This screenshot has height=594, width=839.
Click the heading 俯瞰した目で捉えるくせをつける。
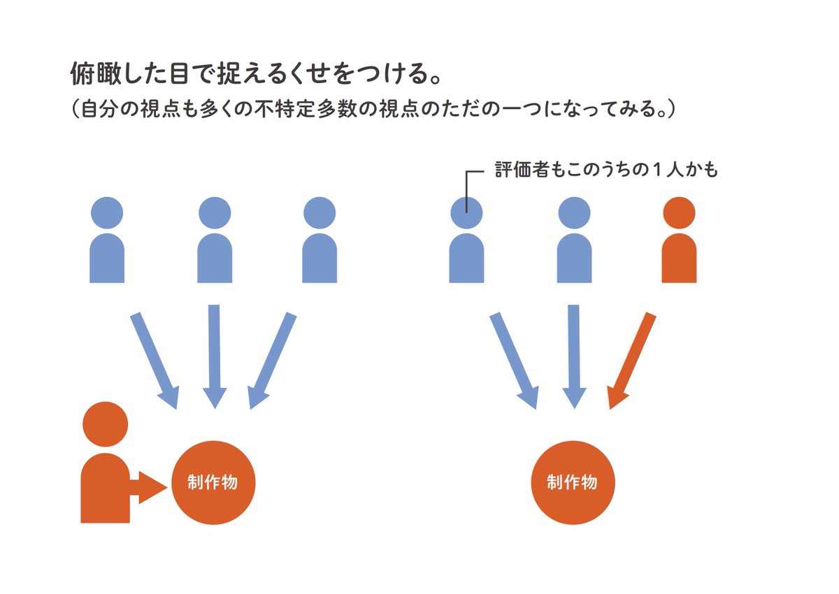[255, 73]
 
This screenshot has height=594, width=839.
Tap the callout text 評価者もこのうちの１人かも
[606, 170]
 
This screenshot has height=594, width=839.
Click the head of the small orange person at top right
[678, 212]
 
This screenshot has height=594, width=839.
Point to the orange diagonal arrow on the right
[631, 360]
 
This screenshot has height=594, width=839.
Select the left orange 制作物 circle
[213, 482]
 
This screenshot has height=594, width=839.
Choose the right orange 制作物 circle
[573, 482]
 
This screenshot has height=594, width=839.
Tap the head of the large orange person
[106, 425]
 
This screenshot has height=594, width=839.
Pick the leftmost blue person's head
[107, 212]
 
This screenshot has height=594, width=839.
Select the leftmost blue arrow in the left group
[155, 360]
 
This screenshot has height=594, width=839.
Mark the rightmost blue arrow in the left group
[272, 360]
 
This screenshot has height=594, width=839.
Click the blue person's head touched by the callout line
[466, 212]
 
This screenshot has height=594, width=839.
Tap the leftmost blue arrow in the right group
[514, 360]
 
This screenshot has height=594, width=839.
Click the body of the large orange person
[106, 489]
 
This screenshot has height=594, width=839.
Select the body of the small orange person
[679, 259]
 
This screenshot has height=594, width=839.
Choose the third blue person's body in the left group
[320, 259]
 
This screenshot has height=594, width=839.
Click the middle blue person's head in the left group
[215, 212]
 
